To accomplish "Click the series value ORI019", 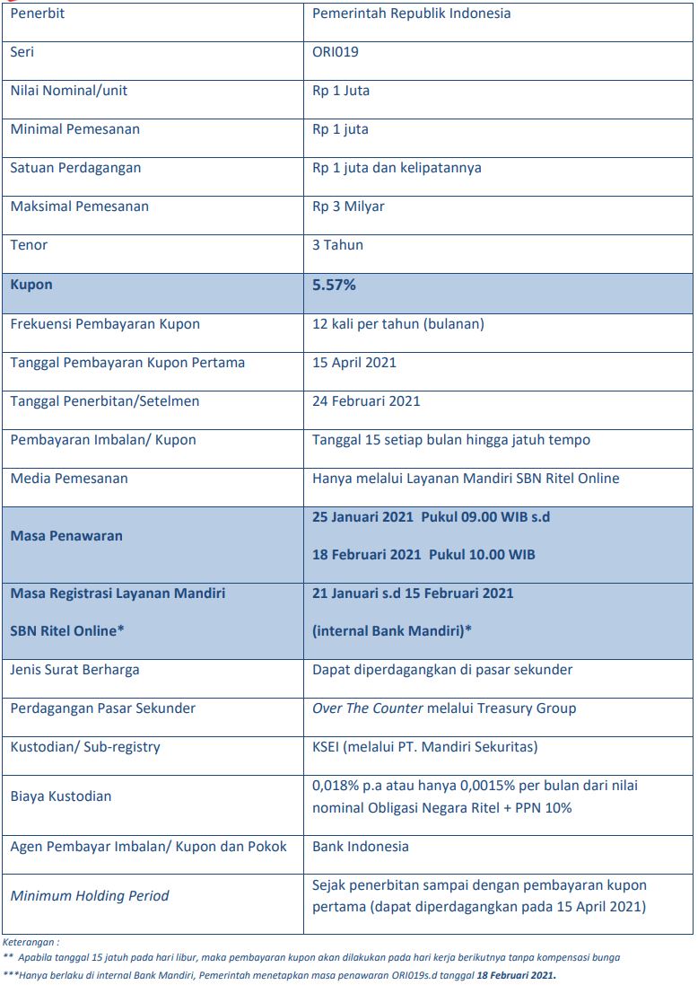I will click(336, 52).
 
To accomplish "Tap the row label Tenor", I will click(29, 245).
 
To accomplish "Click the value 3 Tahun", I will click(338, 245).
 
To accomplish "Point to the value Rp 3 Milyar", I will click(348, 207).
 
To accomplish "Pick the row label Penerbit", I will click(38, 13).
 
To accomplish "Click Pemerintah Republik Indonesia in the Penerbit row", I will click(412, 13).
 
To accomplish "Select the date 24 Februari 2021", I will click(366, 401).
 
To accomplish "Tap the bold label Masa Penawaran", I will click(66, 536).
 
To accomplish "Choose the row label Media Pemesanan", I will click(69, 479).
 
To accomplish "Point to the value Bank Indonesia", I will click(361, 847).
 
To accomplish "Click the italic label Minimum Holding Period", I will click(90, 895).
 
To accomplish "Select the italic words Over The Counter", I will click(368, 708).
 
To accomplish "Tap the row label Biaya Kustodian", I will click(61, 796).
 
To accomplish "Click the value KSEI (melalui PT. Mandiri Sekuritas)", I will click(425, 747).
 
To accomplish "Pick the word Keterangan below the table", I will click(31, 943).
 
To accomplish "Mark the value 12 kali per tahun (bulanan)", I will click(398, 324).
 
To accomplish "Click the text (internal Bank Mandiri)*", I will click(392, 630).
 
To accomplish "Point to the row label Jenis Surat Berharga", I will click(75, 670).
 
